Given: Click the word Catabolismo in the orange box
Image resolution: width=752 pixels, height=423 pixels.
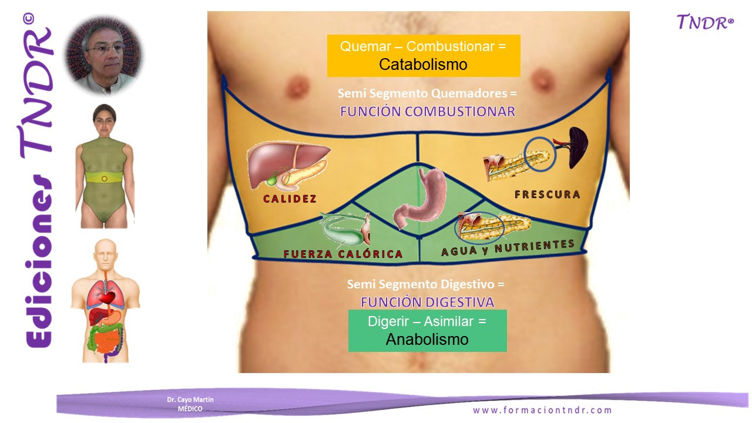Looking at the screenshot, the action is click(x=423, y=64).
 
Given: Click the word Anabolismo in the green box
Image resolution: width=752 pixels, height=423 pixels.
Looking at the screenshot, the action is click(x=427, y=339).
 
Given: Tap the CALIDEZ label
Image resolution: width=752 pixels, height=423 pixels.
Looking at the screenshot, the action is click(x=290, y=199).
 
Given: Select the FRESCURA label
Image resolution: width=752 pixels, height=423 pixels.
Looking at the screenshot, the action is click(x=547, y=194).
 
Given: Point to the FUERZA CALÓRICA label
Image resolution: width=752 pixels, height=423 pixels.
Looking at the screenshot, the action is click(x=343, y=254).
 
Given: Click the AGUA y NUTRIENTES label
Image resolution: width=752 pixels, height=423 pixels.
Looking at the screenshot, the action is click(x=508, y=247).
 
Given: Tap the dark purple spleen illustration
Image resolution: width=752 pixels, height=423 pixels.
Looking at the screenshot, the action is click(x=578, y=147).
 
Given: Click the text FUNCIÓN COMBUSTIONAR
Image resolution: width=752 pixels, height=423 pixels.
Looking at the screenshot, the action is click(x=427, y=112).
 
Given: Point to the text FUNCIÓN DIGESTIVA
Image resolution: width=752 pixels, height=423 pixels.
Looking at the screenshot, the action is click(x=427, y=302).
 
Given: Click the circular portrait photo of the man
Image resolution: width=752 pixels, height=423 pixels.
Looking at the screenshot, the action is click(x=104, y=55).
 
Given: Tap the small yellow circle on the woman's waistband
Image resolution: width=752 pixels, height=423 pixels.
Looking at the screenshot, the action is click(x=105, y=179).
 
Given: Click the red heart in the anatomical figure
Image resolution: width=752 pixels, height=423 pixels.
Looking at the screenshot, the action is click(x=108, y=297).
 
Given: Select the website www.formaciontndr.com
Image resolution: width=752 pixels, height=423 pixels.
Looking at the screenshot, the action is click(x=542, y=410).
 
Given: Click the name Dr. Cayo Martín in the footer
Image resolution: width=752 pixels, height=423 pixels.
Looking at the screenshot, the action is click(x=190, y=399).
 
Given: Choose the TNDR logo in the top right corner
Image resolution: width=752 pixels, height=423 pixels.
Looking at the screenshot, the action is click(x=705, y=22).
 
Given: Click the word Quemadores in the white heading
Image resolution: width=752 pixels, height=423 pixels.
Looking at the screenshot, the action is click(x=469, y=93).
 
